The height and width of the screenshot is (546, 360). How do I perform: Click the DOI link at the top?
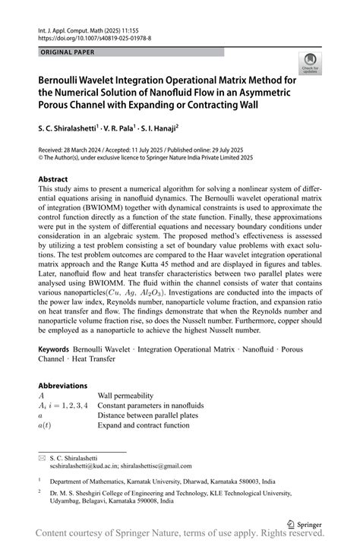point(94,37)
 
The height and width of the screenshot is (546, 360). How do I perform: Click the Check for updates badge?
point(310,64)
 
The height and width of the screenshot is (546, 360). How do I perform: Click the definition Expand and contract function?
point(143,426)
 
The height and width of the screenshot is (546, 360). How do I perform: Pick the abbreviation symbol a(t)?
point(47,426)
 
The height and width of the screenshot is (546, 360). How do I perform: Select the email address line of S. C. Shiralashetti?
point(121,466)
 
